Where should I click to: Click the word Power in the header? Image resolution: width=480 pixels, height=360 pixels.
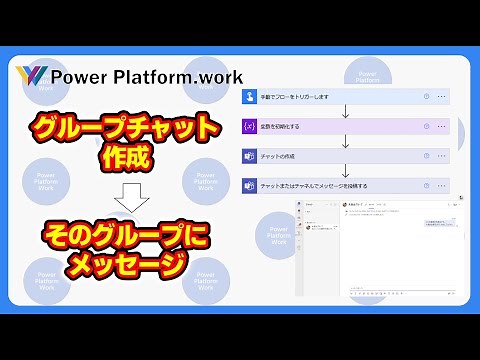(x=76, y=76)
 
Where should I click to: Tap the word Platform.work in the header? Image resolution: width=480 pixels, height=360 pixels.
(x=175, y=76)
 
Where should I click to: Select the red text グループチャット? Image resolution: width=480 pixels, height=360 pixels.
(x=125, y=128)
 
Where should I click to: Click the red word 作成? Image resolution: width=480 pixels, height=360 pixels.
(x=124, y=157)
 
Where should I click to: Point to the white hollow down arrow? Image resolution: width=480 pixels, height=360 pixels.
(x=125, y=198)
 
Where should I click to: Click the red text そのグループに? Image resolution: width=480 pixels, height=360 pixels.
(x=124, y=238)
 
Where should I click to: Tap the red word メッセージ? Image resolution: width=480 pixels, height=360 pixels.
(x=124, y=266)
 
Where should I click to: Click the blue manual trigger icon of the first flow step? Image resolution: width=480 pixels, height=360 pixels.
(x=249, y=97)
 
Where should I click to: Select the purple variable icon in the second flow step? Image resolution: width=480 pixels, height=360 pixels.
(x=249, y=127)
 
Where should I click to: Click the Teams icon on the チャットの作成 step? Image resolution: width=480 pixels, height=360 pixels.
(x=249, y=156)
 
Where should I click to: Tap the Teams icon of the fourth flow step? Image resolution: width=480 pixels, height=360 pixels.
(x=249, y=186)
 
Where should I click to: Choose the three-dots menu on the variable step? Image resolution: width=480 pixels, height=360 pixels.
(x=441, y=127)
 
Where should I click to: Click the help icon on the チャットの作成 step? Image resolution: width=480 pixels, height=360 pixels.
(x=427, y=156)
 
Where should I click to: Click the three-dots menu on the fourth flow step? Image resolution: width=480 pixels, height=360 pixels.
(x=441, y=186)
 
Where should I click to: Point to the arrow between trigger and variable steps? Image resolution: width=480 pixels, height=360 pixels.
(x=345, y=112)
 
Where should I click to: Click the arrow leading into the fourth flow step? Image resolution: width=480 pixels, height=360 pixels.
(x=345, y=171)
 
